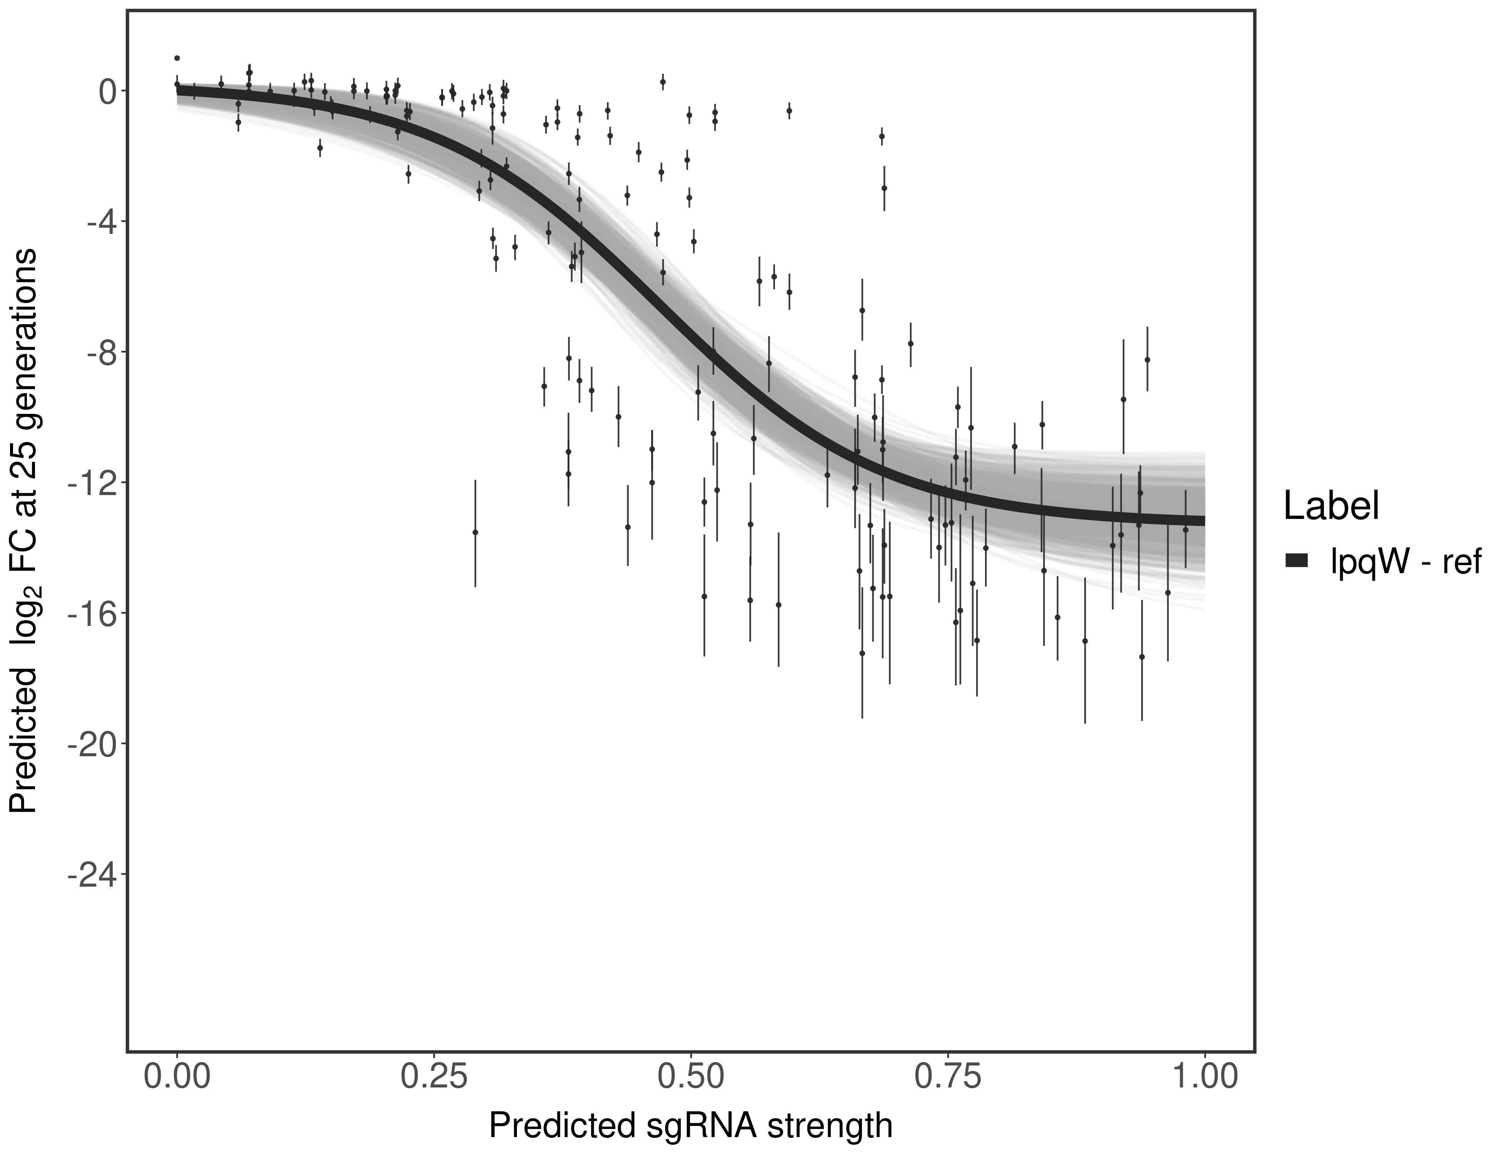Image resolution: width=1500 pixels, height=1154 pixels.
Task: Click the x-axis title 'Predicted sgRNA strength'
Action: pos(690,1127)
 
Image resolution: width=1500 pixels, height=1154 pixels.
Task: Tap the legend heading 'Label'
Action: pos(1332,507)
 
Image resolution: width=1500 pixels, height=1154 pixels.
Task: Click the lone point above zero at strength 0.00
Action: pos(177,58)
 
